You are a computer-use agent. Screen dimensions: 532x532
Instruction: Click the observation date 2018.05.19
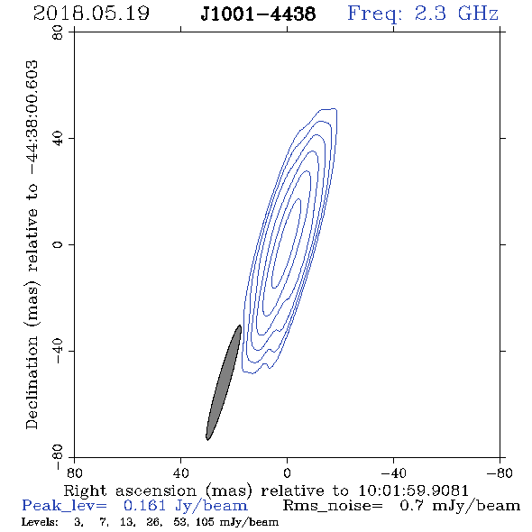pos(91,14)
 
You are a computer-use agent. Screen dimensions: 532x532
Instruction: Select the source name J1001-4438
pos(258,14)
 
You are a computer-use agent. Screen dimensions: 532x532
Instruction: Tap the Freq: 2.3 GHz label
pos(423,14)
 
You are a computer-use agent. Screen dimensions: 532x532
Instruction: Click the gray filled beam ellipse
pos(224,382)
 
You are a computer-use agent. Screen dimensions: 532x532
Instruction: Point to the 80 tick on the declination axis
pos(58,32)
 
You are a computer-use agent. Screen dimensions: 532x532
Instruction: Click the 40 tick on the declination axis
pos(58,139)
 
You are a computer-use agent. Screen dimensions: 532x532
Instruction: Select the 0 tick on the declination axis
pos(58,244)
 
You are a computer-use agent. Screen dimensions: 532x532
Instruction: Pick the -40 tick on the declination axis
pos(58,351)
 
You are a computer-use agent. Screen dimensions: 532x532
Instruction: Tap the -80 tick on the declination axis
pos(58,457)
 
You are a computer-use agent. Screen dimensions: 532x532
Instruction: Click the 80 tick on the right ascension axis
pos(74,473)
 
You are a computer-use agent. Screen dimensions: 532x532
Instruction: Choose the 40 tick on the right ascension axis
pos(180,473)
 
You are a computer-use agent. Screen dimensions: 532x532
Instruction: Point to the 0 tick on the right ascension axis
pos(287,473)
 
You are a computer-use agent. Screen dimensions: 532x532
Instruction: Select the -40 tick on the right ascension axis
pos(393,473)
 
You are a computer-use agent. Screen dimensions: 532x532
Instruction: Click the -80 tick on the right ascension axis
pos(500,473)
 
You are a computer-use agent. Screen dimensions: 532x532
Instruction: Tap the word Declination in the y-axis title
pos(32,382)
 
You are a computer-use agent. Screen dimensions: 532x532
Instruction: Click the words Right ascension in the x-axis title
pos(130,491)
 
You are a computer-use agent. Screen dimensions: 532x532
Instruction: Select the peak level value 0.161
pos(144,506)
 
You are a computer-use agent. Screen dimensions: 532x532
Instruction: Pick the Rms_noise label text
pos(333,506)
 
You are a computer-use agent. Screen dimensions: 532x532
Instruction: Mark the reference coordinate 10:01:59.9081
pos(413,491)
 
